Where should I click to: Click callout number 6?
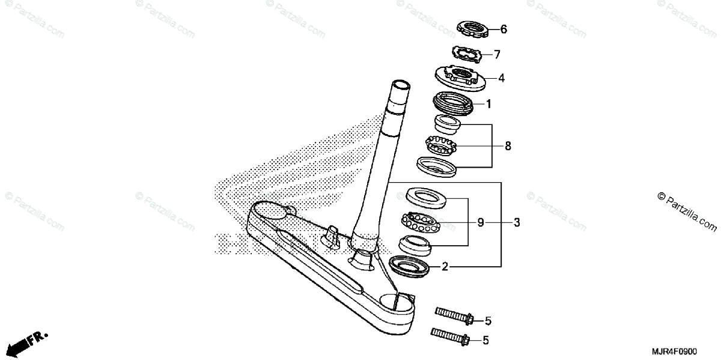point(503,29)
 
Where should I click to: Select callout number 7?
point(497,55)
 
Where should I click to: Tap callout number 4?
point(501,78)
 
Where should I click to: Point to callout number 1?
point(488,104)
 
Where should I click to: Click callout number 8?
point(508,145)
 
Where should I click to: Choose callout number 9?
point(481,222)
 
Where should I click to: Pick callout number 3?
point(517,222)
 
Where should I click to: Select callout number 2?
point(445,266)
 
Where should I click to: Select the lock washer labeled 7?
point(466,53)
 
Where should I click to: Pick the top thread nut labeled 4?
point(460,76)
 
